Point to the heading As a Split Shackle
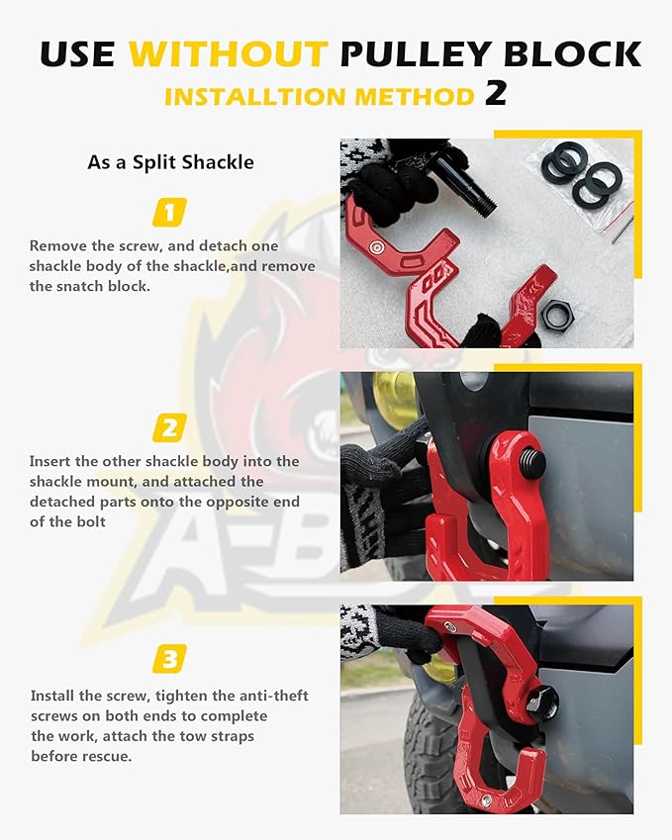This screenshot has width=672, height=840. tap(170, 161)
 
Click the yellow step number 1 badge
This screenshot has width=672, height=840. tap(169, 212)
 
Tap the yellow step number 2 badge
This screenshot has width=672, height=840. tap(169, 427)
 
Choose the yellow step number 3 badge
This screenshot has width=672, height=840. tap(169, 659)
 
